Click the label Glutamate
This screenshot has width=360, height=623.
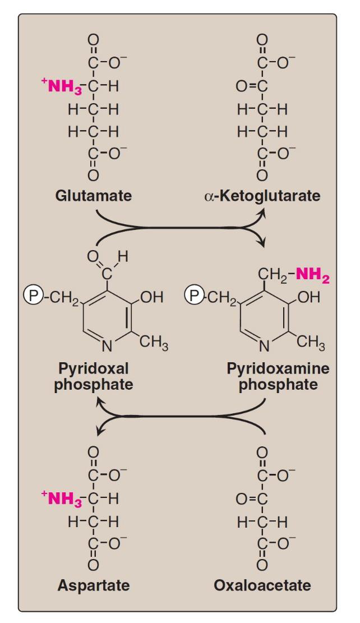click(94, 196)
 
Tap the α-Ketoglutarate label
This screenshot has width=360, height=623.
click(262, 196)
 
